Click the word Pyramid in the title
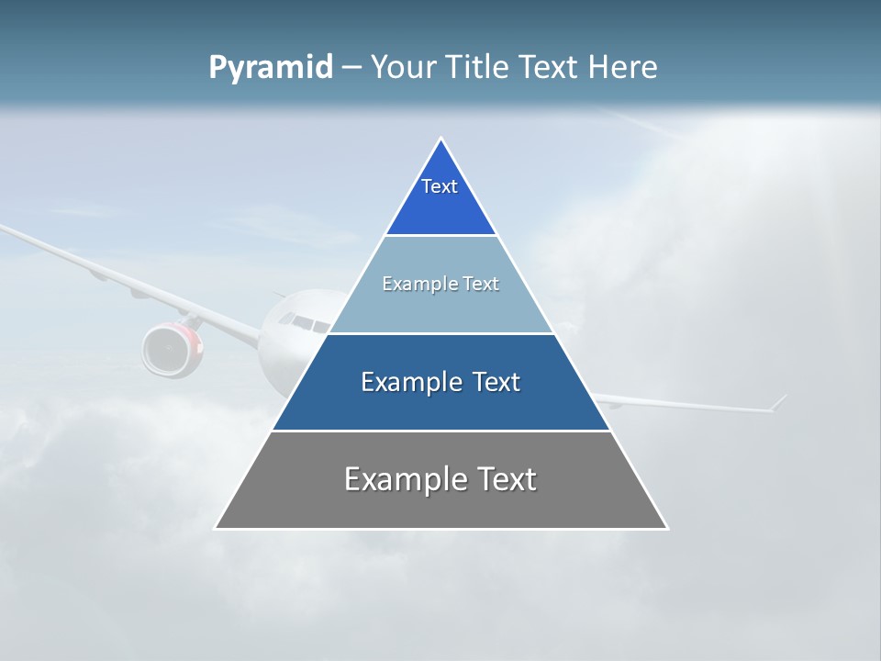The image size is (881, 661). point(270,68)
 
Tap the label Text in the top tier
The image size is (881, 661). point(440,186)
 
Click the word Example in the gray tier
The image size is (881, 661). point(404,479)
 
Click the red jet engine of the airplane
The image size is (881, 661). point(173,350)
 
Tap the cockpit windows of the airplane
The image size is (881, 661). point(302,322)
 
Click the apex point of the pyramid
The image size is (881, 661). point(441,140)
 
